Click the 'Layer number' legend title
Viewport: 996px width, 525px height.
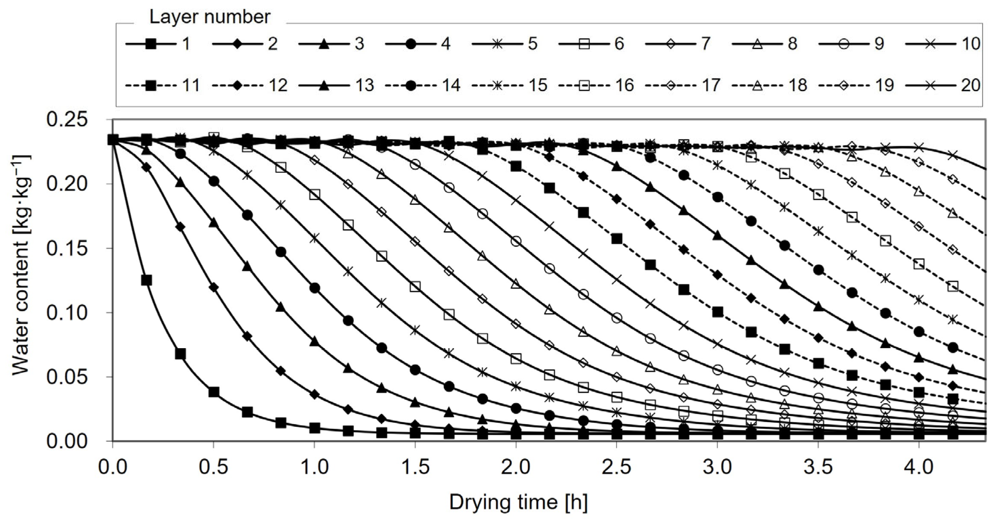pyautogui.click(x=210, y=17)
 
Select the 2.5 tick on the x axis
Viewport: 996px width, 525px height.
pyautogui.click(x=617, y=467)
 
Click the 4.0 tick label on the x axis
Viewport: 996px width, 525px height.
pyautogui.click(x=919, y=467)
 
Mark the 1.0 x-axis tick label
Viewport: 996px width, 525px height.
pyautogui.click(x=314, y=467)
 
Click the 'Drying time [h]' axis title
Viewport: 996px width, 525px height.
pyautogui.click(x=518, y=502)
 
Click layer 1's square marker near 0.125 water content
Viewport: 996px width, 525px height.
pyautogui.click(x=146, y=280)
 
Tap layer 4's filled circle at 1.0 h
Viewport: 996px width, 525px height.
pyautogui.click(x=315, y=288)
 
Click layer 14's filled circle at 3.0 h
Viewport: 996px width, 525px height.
pyautogui.click(x=718, y=197)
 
